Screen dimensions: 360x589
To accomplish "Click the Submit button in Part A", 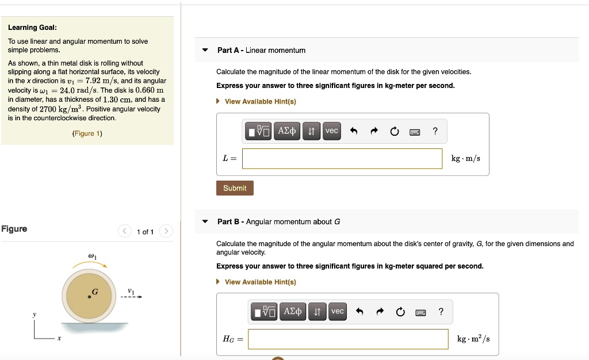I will [235, 188].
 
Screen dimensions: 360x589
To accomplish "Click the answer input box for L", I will [342, 159].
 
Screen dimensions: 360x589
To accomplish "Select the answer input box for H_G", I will [348, 339].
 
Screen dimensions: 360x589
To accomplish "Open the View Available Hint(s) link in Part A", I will [260, 102].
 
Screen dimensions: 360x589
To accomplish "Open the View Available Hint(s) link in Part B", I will [260, 282].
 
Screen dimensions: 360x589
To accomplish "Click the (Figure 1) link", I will [87, 133].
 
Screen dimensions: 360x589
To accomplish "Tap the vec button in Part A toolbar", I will [332, 131].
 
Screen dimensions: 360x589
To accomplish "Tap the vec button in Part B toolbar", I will [338, 312].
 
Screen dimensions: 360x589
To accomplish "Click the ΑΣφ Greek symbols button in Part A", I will [287, 131].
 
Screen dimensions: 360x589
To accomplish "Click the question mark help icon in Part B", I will [441, 312].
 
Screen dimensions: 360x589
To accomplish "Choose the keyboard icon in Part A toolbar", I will [415, 132].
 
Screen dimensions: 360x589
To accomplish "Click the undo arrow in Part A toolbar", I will [354, 132].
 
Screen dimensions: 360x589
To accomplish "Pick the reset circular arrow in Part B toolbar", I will [400, 312].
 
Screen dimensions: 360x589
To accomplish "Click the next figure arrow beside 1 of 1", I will [165, 231].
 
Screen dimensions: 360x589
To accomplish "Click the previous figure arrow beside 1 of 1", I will [125, 231].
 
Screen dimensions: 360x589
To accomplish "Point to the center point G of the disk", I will [89, 297].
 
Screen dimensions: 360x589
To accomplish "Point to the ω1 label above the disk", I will [91, 255].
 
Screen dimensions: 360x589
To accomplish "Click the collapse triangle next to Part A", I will [205, 50].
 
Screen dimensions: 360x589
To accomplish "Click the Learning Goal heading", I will [32, 28].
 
